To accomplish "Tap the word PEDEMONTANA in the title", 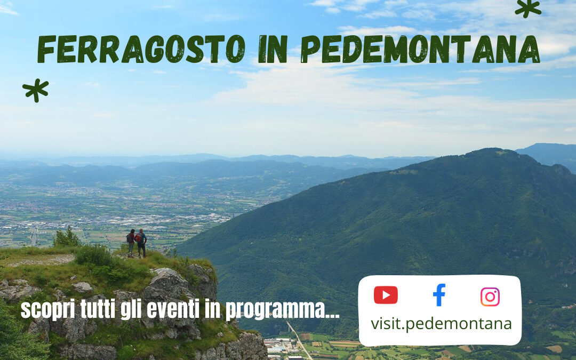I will pos(421,50).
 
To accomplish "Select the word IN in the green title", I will pos(273,50).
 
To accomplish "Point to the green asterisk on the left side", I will pos(35,90).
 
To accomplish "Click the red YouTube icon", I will pos(385,295).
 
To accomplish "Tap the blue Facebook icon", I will pos(439,295).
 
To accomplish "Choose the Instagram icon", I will pos(490,297).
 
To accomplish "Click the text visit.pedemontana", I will pos(441,323).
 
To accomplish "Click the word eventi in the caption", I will pos(176,309).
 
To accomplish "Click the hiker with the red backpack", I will pos(141,243).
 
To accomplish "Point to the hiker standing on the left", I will pos(131,243).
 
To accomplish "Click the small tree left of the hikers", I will pos(66,237).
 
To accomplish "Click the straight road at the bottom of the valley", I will pos(299,341).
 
